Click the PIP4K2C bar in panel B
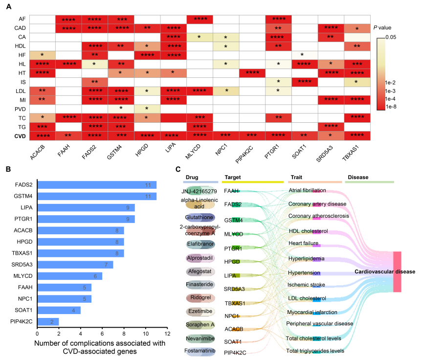48,321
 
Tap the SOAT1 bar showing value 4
59,310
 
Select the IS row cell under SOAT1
302,82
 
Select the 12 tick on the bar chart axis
167,334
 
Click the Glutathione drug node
199,217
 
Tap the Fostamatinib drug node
199,351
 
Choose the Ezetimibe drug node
199,311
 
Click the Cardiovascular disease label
385,271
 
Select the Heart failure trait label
303,243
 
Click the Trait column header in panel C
296,177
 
